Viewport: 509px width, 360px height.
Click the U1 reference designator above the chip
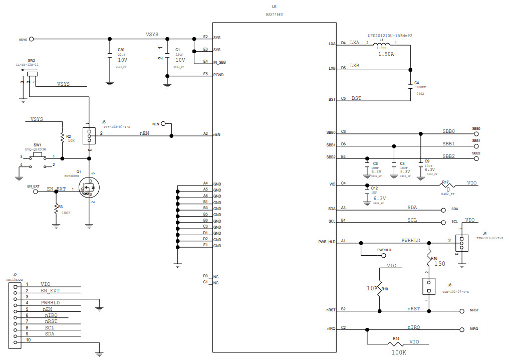click(274, 7)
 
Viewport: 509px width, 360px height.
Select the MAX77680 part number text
click(274, 15)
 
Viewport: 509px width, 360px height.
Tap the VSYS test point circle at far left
click(32, 39)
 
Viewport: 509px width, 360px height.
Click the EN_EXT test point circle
click(36, 191)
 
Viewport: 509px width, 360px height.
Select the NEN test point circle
click(162, 123)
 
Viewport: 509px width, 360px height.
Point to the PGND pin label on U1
click(218, 74)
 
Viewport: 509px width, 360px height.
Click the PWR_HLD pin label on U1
click(326, 242)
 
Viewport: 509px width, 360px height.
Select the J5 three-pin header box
click(89, 134)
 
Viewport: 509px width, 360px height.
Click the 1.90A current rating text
click(386, 54)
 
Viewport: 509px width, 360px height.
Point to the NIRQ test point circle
click(461, 329)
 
